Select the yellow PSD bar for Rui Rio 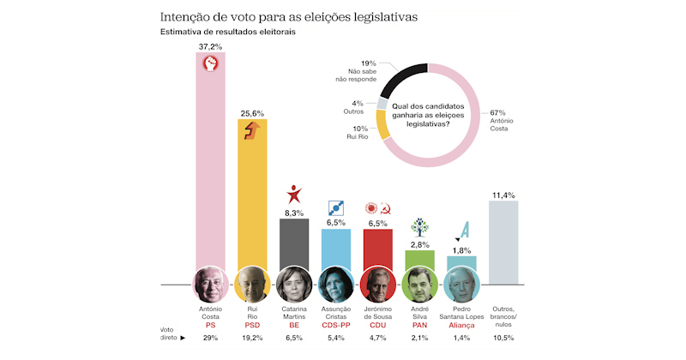[x=252, y=206]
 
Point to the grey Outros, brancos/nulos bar [x=503, y=244]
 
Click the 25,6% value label [x=252, y=111]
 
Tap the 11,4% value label [x=503, y=195]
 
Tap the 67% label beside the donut [x=496, y=111]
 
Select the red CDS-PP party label [x=335, y=325]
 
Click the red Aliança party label [x=461, y=325]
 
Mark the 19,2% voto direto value [x=252, y=339]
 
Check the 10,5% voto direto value [x=503, y=339]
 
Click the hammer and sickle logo [x=387, y=208]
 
